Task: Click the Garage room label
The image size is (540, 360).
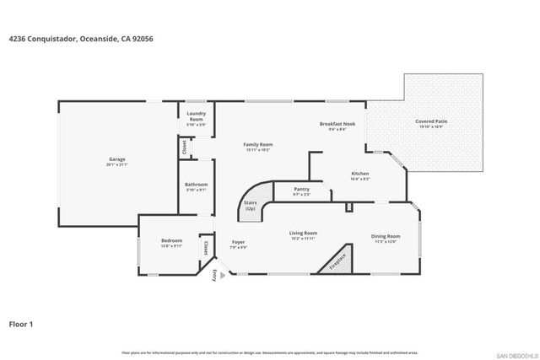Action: tap(116, 161)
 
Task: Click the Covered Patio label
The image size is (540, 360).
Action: tap(431, 123)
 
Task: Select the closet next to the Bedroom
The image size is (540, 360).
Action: tap(206, 248)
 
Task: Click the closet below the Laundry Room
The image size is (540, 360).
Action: tap(183, 147)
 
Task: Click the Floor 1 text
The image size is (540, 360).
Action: tap(22, 323)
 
